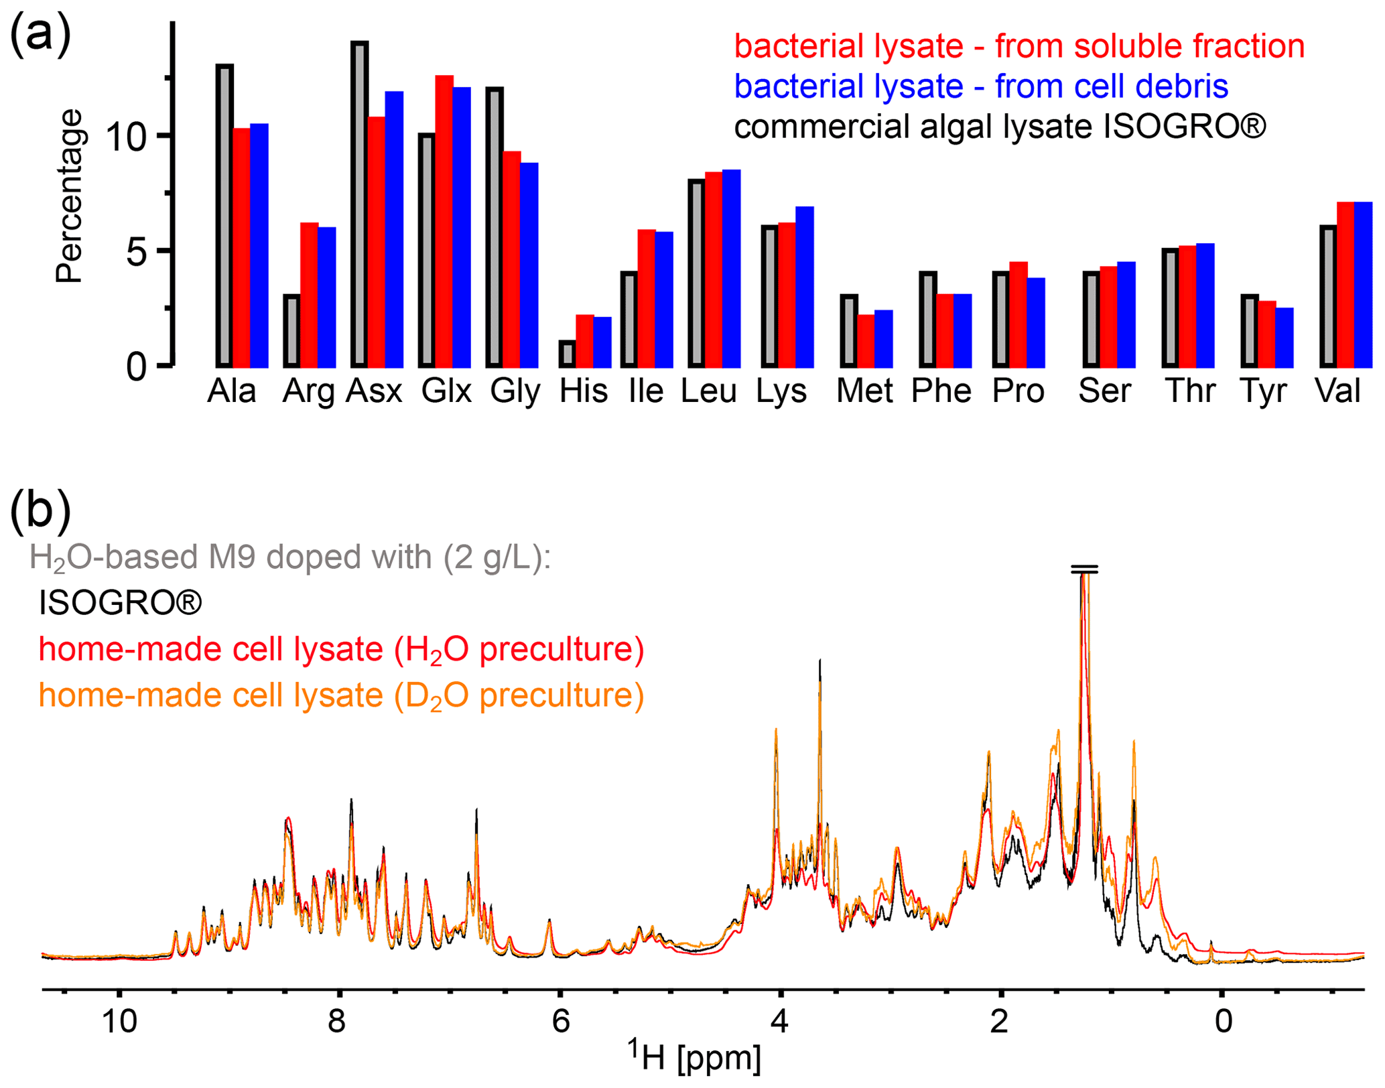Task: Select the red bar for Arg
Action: [309, 295]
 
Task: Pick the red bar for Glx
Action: [444, 221]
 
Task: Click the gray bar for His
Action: [568, 354]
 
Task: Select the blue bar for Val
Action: [1363, 284]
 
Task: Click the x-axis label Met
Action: [864, 391]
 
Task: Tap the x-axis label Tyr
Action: [1263, 391]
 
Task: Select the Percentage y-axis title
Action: [69, 196]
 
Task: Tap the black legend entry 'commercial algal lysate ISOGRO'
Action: [1000, 127]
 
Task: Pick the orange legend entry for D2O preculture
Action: [341, 695]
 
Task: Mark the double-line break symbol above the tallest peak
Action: [1084, 570]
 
